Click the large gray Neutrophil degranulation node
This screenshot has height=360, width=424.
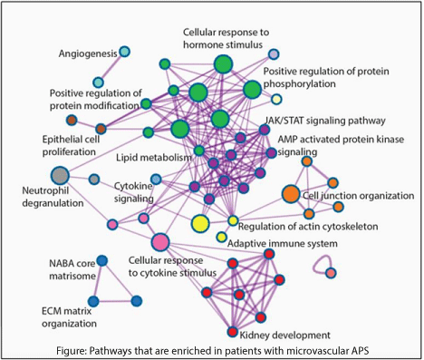(x=60, y=175)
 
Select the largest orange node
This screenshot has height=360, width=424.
(x=291, y=194)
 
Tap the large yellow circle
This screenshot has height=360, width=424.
(x=200, y=224)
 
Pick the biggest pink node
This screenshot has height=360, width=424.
(x=160, y=242)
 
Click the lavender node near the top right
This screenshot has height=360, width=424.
(x=274, y=54)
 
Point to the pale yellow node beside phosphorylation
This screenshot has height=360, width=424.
(x=276, y=99)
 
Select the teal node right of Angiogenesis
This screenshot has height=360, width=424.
(x=124, y=52)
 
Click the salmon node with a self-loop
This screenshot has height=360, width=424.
(x=331, y=273)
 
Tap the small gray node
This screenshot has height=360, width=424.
(x=94, y=180)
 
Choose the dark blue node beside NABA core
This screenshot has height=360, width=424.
(x=102, y=260)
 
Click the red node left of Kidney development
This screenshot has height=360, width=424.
(x=232, y=332)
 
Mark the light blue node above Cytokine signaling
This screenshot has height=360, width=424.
(x=156, y=180)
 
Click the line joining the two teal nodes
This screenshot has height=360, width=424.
(x=111, y=67)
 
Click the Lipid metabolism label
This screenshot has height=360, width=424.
(x=154, y=158)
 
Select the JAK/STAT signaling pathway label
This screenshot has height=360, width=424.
(x=325, y=121)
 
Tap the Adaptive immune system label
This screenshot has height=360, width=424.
(x=283, y=243)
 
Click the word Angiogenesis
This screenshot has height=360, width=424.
(x=88, y=54)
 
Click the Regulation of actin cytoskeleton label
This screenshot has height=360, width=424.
(x=308, y=227)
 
